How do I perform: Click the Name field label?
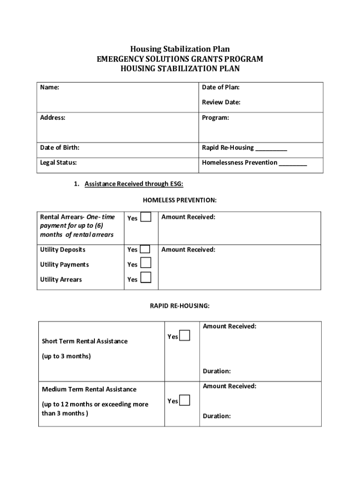tap(50, 87)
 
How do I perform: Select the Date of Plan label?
tap(221, 87)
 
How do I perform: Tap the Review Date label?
tap(221, 102)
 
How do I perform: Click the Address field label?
tap(53, 118)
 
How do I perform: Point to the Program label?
tap(216, 118)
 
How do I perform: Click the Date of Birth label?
tap(60, 148)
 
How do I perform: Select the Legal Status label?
tap(59, 163)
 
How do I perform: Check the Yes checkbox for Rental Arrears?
tap(146, 217)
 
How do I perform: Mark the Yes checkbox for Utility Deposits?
tap(145, 249)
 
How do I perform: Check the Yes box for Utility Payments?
tap(146, 263)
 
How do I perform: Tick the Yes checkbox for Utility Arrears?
tap(146, 278)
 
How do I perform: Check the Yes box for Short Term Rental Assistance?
tap(185, 336)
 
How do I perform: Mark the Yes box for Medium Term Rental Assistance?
tap(185, 400)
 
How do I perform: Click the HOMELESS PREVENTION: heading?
tap(180, 200)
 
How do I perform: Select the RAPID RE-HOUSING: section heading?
tap(180, 306)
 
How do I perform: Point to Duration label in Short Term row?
tap(216, 371)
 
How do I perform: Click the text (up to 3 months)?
tap(66, 356)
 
